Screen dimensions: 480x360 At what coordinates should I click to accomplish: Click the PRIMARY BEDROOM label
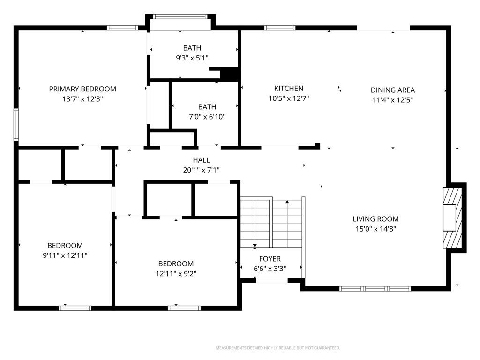click(82, 89)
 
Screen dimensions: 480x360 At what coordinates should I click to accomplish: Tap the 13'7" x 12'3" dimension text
click(82, 99)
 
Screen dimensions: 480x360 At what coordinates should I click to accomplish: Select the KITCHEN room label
click(289, 89)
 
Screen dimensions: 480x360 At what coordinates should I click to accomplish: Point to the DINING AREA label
click(393, 90)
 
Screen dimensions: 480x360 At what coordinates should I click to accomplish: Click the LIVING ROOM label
click(375, 219)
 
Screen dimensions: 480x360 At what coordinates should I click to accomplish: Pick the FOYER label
click(270, 259)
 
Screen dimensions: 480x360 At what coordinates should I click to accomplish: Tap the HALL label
click(202, 160)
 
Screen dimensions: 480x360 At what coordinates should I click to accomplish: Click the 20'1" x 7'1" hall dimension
click(202, 170)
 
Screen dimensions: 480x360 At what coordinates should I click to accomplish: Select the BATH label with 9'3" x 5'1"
click(192, 48)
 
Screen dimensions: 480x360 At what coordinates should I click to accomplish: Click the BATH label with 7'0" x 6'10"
click(207, 107)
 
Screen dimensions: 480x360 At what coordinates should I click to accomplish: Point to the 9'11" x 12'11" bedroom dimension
click(65, 255)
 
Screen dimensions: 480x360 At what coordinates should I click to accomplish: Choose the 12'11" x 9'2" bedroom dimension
click(176, 274)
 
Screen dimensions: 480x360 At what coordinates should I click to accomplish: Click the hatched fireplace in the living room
click(452, 217)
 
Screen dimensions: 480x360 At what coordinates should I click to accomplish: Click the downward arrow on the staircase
click(255, 223)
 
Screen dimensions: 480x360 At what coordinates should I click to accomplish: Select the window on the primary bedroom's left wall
click(16, 124)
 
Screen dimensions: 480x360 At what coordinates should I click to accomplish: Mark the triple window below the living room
click(375, 288)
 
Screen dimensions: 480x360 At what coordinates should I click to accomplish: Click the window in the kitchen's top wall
click(280, 28)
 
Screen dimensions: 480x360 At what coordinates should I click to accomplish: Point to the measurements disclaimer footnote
click(278, 348)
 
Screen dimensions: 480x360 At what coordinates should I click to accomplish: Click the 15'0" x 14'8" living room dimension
click(375, 229)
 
